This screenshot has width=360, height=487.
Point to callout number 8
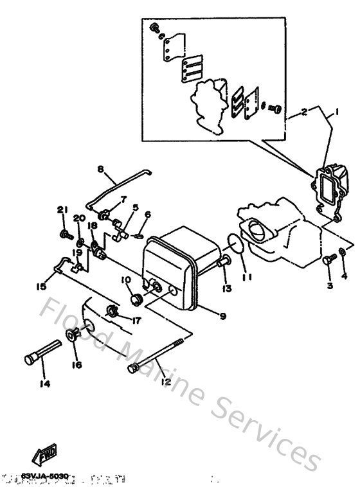(x=101, y=170)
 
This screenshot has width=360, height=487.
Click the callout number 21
(x=62, y=210)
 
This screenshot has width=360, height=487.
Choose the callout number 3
(x=328, y=285)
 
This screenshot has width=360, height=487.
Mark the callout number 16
(x=77, y=364)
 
